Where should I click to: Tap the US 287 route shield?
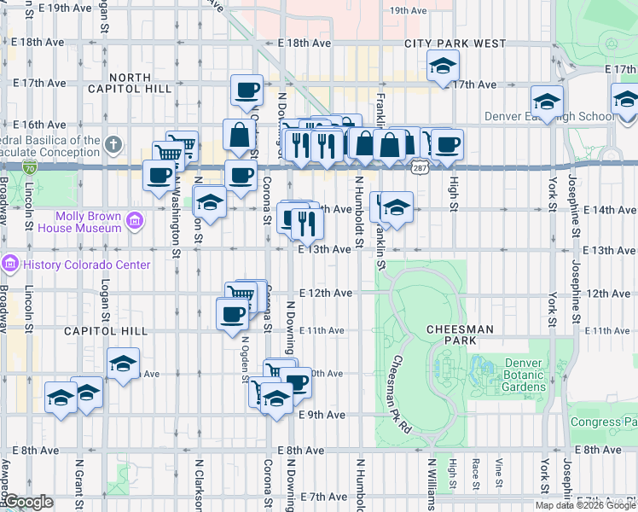tap(420, 170)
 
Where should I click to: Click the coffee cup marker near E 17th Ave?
tap(247, 88)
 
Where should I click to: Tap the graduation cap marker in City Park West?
tap(443, 65)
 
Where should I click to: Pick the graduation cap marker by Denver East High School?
tap(547, 101)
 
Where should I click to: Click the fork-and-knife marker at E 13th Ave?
tap(307, 224)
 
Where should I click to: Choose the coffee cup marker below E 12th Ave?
tap(233, 315)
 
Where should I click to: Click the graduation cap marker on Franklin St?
tap(397, 207)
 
